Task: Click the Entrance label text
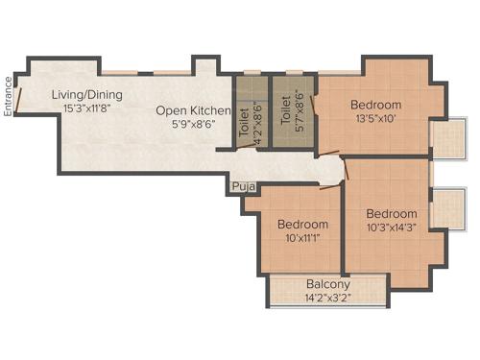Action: pos(9,96)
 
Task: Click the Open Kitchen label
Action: pos(194,111)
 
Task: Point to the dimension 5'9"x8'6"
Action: pos(194,125)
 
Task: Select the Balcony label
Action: pos(328,284)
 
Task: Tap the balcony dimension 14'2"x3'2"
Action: pos(328,299)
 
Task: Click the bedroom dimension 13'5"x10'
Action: pos(375,119)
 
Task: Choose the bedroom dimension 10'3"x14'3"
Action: pos(391,228)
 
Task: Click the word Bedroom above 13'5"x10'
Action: pos(375,105)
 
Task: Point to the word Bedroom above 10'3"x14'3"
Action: pos(391,213)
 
